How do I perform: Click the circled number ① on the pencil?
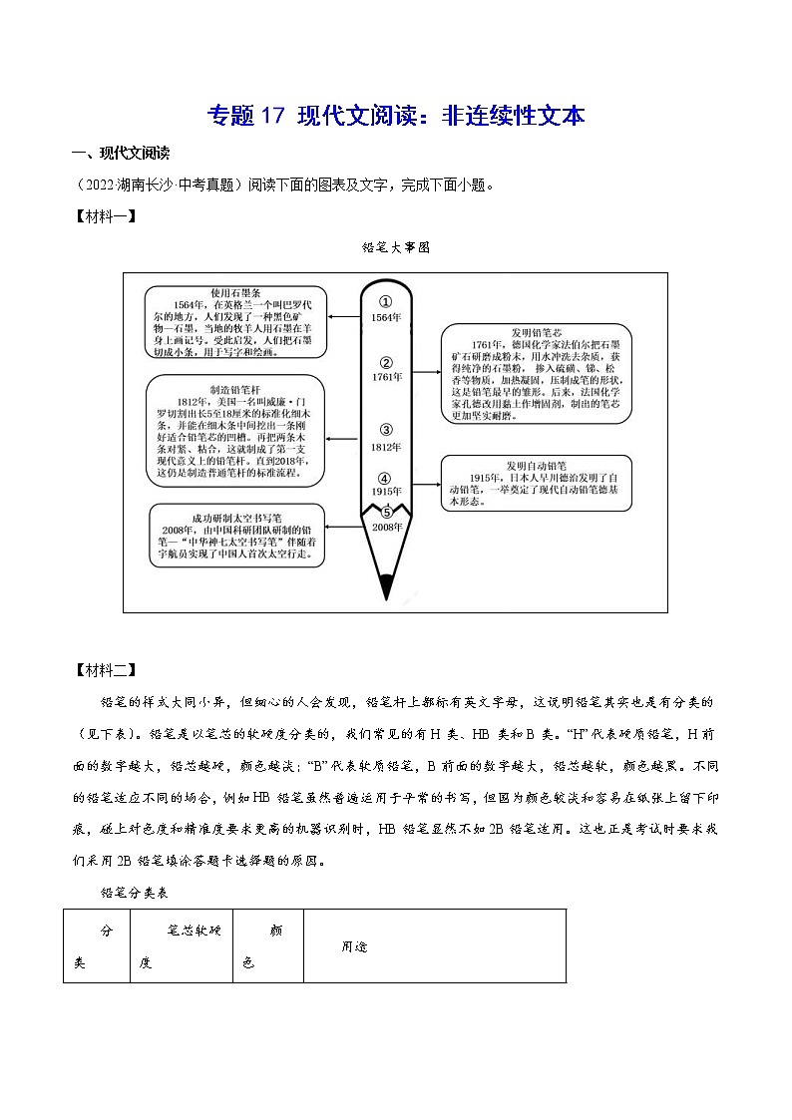pos(386,301)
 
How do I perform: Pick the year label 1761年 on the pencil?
pos(386,378)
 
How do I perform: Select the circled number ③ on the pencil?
pos(386,430)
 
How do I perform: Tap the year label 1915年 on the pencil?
pos(386,492)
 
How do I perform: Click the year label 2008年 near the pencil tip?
pos(386,527)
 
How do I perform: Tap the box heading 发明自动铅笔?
pos(536,465)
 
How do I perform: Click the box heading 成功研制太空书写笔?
pos(239,519)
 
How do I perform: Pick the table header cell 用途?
pos(354,946)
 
